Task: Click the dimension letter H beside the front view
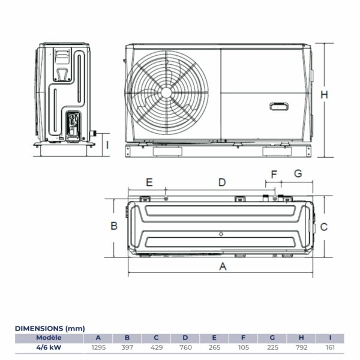point(324,95)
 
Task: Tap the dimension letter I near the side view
point(107,144)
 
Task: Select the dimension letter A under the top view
point(223,267)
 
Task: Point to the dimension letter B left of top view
point(113,226)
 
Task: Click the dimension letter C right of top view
point(323,227)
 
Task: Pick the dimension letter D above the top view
point(221,182)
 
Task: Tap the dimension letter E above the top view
point(149,182)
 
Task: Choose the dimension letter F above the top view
point(274,175)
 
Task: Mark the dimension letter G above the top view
point(298,175)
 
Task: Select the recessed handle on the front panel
point(280,107)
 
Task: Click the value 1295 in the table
point(98,347)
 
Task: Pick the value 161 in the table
point(331,347)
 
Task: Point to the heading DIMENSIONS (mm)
point(50,328)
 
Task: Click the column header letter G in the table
point(272,338)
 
